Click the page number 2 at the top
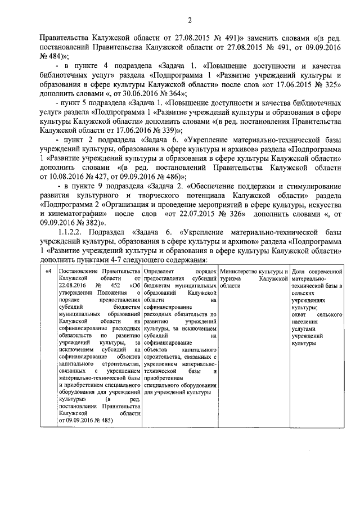point(190,21)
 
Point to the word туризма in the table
point(232,279)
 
